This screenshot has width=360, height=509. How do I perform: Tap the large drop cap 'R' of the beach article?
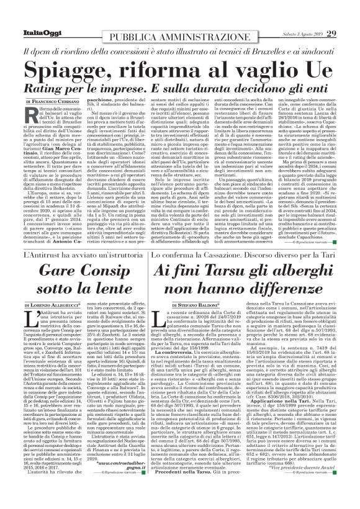tap(32, 115)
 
